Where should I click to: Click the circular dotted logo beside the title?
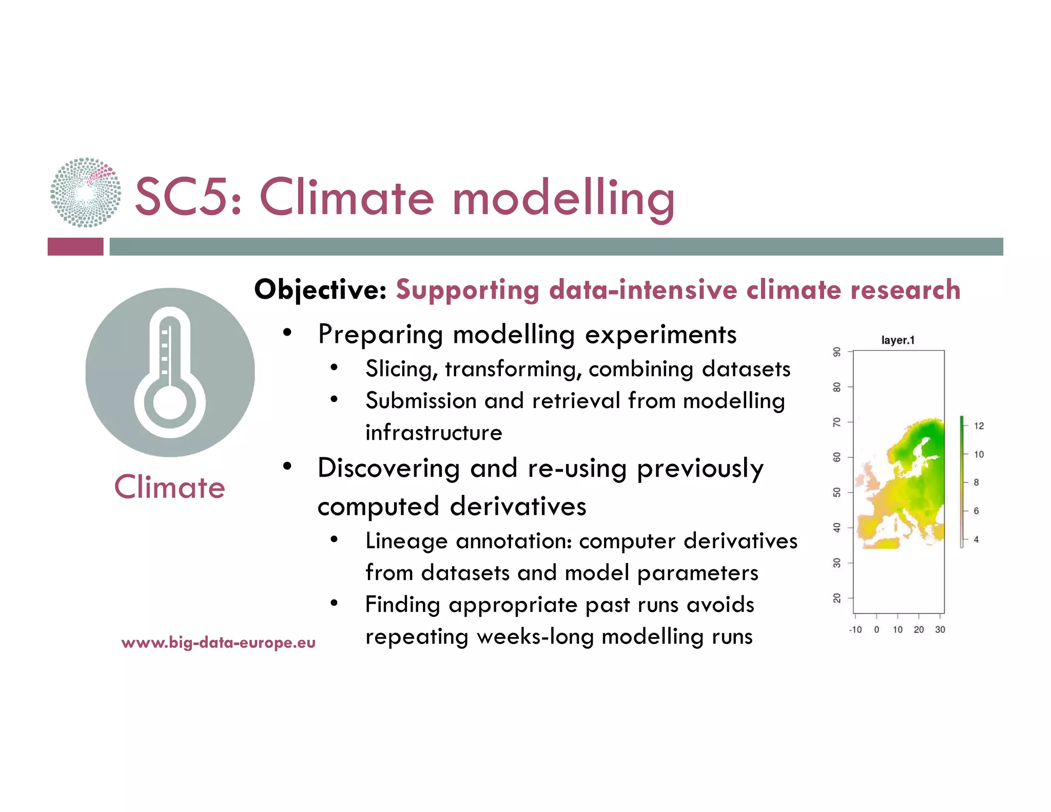pyautogui.click(x=86, y=192)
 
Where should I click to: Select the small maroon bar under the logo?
pyautogui.click(x=75, y=246)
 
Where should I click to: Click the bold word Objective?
pyautogui.click(x=320, y=290)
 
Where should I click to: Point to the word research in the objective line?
pyautogui.click(x=905, y=290)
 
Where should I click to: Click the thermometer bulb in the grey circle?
pyautogui.click(x=170, y=402)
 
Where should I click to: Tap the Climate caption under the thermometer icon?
pyautogui.click(x=169, y=487)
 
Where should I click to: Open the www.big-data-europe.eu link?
pyautogui.click(x=218, y=643)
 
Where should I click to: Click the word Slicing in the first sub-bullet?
pyautogui.click(x=401, y=370)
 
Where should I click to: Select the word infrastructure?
pyautogui.click(x=434, y=433)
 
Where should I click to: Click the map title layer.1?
pyautogui.click(x=898, y=340)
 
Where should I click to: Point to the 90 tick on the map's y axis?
pyautogui.click(x=837, y=352)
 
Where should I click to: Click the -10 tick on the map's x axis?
pyautogui.click(x=855, y=630)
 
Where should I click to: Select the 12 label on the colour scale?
pyautogui.click(x=979, y=426)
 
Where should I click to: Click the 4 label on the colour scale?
pyautogui.click(x=976, y=539)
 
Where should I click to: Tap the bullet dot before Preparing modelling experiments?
pyautogui.click(x=287, y=333)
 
